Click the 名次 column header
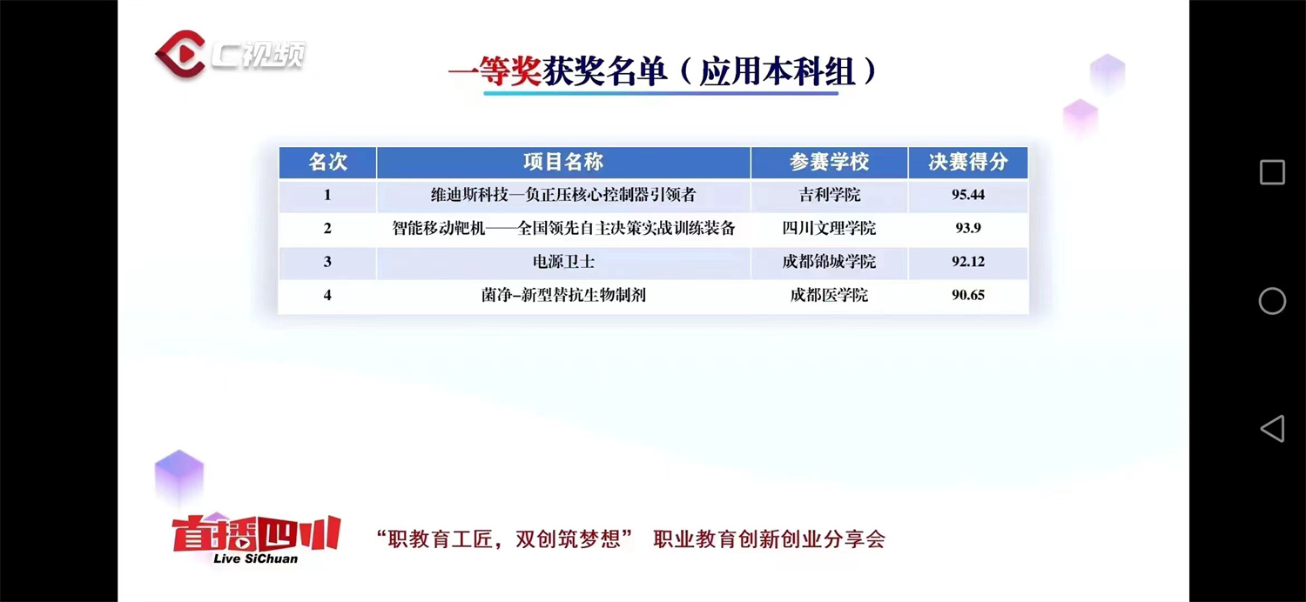pos(327,162)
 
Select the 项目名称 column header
pos(562,162)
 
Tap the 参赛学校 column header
pos(829,162)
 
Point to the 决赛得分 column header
pos(967,162)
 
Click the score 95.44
pos(967,195)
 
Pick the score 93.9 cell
pos(967,228)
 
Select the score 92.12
pos(967,261)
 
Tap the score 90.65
pos(967,295)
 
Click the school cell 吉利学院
pos(829,195)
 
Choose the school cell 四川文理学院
pos(829,228)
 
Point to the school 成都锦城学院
pos(829,261)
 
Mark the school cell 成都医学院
pos(829,295)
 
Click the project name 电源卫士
pos(563,261)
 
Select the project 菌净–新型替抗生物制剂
pos(563,295)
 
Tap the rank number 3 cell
pos(327,261)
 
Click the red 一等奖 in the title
pos(495,72)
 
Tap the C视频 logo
pos(230,54)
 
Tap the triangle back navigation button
pos(1272,428)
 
